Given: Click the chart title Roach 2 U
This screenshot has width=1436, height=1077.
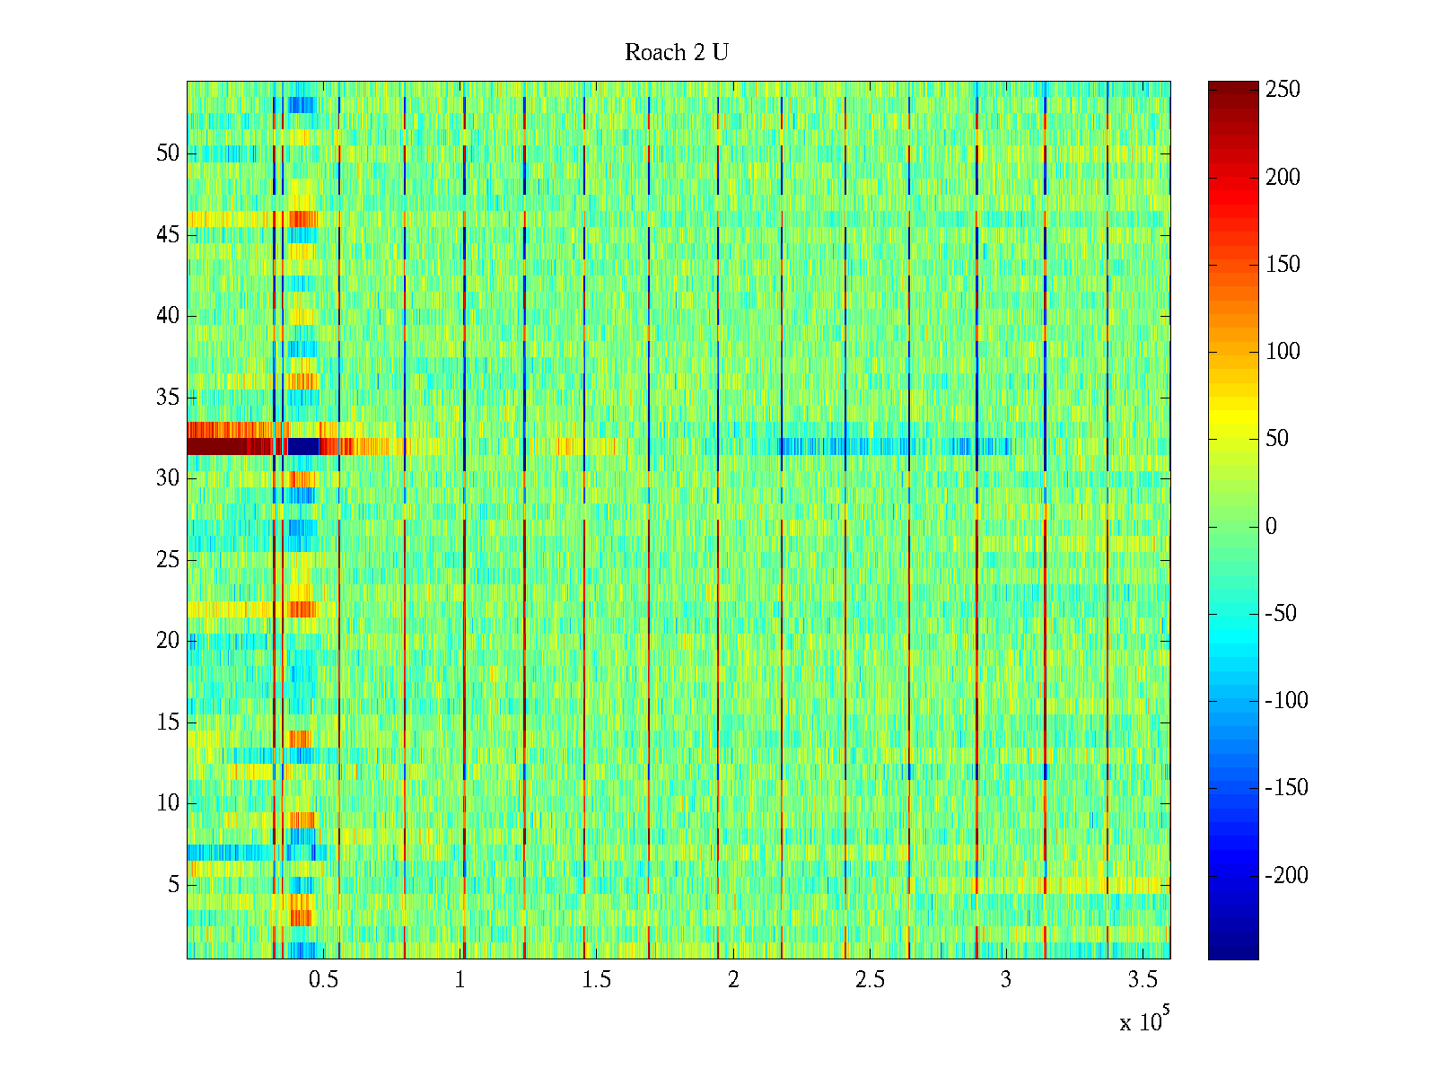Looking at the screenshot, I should [676, 53].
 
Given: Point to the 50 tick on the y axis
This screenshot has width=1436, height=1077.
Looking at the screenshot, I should [168, 153].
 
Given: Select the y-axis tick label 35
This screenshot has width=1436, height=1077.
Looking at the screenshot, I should [168, 398].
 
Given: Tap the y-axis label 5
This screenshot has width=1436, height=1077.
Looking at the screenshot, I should [173, 885].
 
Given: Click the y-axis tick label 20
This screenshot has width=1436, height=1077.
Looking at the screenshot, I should [168, 641].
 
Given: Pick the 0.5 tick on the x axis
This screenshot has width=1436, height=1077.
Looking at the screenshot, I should [323, 980].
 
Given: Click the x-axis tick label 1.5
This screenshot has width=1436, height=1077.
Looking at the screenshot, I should [597, 980].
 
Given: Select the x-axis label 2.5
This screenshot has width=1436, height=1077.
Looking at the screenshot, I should [870, 980].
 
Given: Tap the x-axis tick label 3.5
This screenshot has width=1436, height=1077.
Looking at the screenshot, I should [1143, 980].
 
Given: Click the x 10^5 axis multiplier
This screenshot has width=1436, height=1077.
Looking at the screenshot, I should [1143, 1021].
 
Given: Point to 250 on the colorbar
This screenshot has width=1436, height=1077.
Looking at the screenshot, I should [1283, 90].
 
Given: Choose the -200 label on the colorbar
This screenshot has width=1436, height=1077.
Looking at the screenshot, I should [1286, 876].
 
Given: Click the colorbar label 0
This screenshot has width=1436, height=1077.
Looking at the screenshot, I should [1271, 527].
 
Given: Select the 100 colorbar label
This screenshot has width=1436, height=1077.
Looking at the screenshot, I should [1283, 352].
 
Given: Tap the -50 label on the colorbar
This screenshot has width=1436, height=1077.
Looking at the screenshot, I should [1281, 614].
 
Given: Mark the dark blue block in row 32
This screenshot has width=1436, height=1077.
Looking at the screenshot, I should [302, 446].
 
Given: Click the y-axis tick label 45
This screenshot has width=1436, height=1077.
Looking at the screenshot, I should [168, 235].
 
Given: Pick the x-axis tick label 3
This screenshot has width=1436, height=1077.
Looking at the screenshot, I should [1006, 980].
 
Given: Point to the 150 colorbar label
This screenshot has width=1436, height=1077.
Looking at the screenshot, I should [1283, 265].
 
